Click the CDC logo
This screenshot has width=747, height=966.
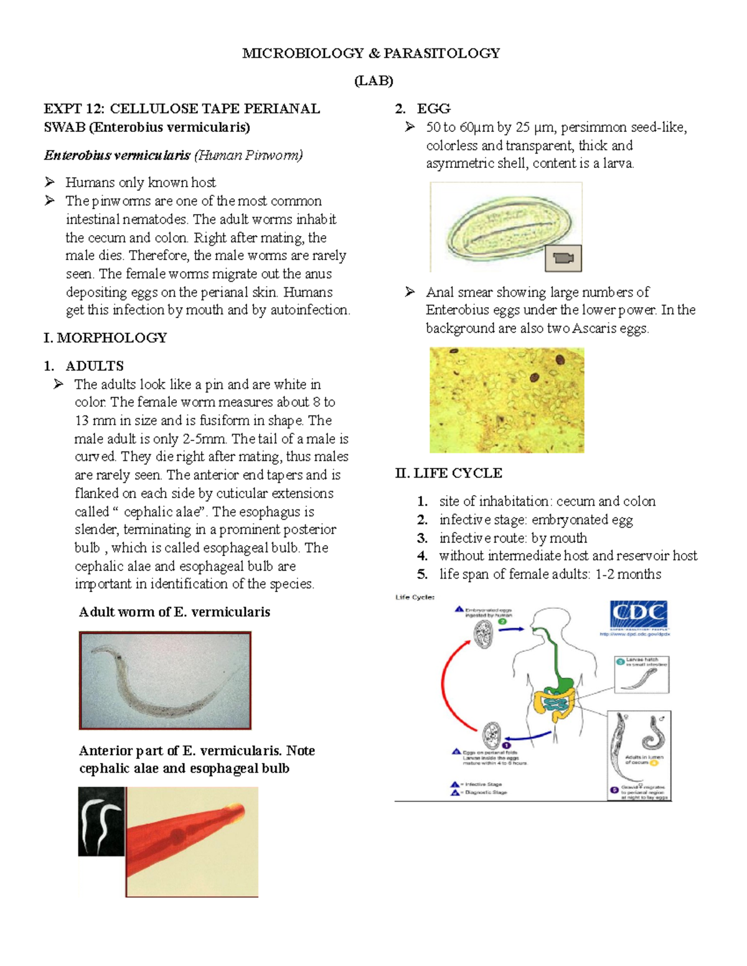point(639,615)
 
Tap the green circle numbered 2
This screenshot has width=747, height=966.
point(502,621)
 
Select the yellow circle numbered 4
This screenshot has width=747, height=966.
point(654,762)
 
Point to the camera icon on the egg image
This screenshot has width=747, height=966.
point(563,258)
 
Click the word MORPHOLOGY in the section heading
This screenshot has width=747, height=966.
point(112,338)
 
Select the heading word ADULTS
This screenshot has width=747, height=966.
point(95,366)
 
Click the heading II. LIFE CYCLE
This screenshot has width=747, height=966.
point(448,473)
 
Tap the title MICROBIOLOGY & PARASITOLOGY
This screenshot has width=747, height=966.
point(371,53)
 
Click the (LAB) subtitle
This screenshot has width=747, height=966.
point(374,81)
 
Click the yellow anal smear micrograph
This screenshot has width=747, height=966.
point(507,400)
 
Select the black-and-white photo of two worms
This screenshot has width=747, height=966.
point(101,821)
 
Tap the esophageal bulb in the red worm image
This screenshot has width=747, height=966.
point(177,835)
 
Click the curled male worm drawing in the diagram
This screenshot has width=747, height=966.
point(654,734)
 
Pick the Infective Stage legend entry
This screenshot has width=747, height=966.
point(483,784)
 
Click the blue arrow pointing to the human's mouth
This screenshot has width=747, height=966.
point(511,629)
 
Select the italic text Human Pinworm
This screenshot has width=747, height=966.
point(248,155)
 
